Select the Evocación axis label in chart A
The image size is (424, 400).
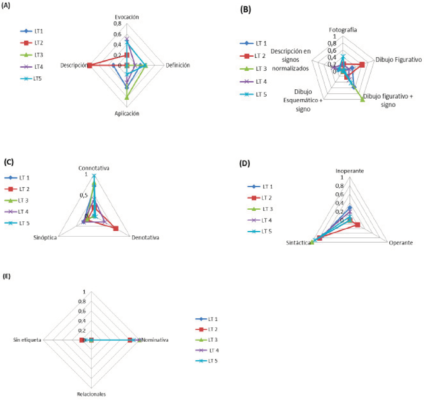point(127,17)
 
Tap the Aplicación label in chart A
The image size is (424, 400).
point(127,114)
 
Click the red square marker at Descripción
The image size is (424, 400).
point(89,65)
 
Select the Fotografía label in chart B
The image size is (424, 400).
point(343,30)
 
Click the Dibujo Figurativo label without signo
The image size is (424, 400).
point(398,60)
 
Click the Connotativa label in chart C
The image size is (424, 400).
point(94,168)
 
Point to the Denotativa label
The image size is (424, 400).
point(146,237)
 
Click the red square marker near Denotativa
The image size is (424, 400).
point(116,229)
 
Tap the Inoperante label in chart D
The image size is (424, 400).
point(350,171)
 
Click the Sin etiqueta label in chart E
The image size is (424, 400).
point(27,340)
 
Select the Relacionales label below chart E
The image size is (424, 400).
point(91,394)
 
